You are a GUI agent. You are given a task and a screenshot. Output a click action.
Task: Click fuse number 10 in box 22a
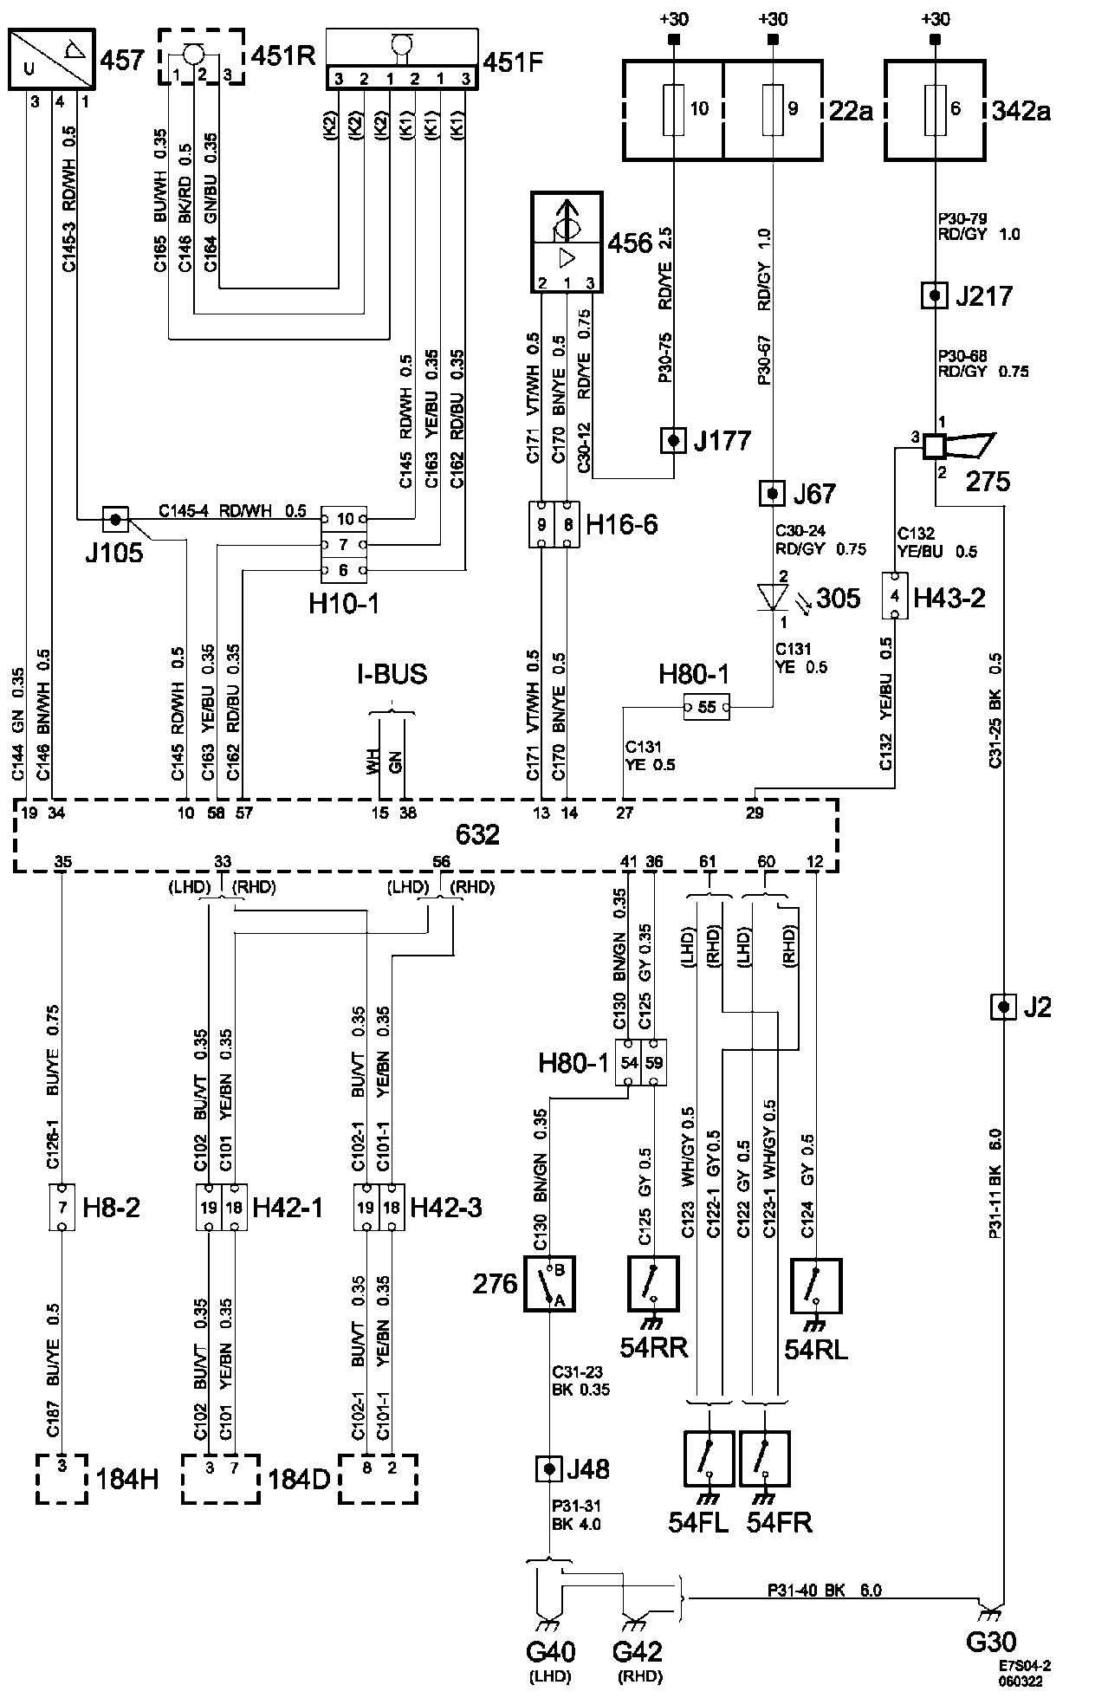(673, 109)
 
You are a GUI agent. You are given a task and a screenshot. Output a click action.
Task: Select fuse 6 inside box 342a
(934, 109)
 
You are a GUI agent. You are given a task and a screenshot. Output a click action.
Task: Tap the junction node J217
(934, 296)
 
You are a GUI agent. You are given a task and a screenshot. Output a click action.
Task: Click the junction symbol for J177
(673, 440)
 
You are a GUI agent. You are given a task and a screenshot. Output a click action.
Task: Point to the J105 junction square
(115, 520)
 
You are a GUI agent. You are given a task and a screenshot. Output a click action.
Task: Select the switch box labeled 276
(549, 1283)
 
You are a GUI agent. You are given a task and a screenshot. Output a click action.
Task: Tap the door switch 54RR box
(653, 1283)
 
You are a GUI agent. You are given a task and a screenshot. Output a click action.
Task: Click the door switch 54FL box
(710, 1459)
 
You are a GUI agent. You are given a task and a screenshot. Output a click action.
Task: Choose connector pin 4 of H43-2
(895, 595)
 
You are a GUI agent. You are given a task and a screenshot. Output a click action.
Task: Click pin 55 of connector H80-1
(706, 707)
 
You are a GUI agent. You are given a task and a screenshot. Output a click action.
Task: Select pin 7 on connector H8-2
(62, 1207)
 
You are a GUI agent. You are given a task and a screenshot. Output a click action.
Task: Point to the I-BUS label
(392, 674)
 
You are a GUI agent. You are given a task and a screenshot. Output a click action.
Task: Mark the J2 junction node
(1002, 1007)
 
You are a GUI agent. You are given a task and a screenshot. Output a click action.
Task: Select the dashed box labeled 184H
(62, 1479)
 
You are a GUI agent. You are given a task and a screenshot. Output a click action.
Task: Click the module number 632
(477, 835)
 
